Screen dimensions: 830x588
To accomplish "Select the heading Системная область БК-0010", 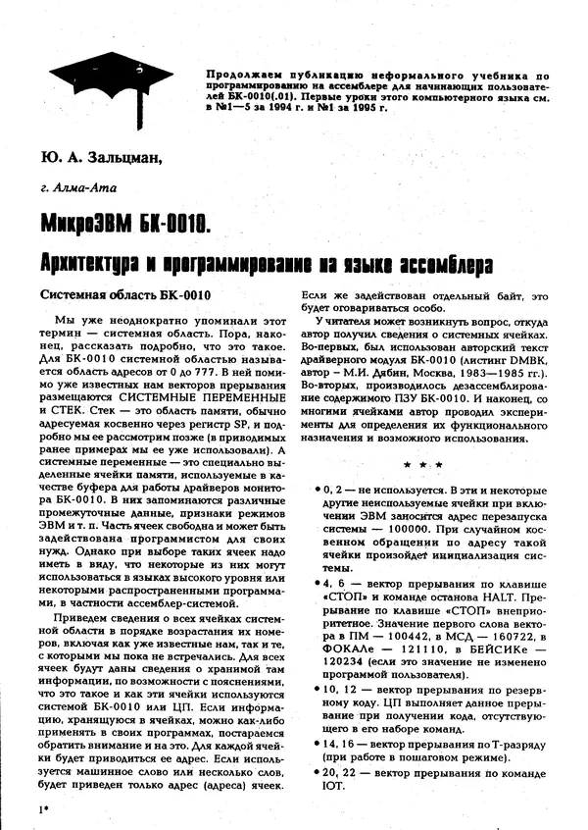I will [126, 295].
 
